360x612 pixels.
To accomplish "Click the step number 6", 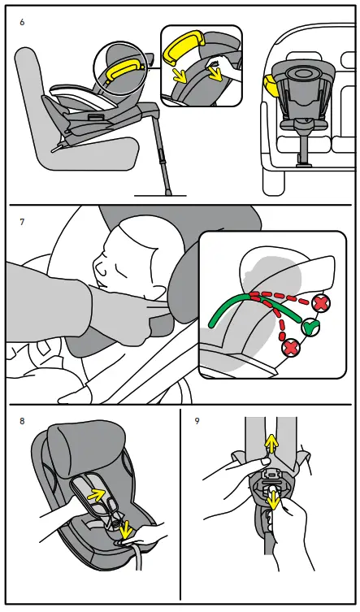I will click(22, 22).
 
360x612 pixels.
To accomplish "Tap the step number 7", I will click(22, 220).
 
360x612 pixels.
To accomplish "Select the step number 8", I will click(22, 421).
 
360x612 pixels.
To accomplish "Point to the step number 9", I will click(197, 421).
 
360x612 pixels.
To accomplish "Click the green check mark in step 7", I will click(310, 328).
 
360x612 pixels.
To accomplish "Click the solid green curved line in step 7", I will click(244, 306).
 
